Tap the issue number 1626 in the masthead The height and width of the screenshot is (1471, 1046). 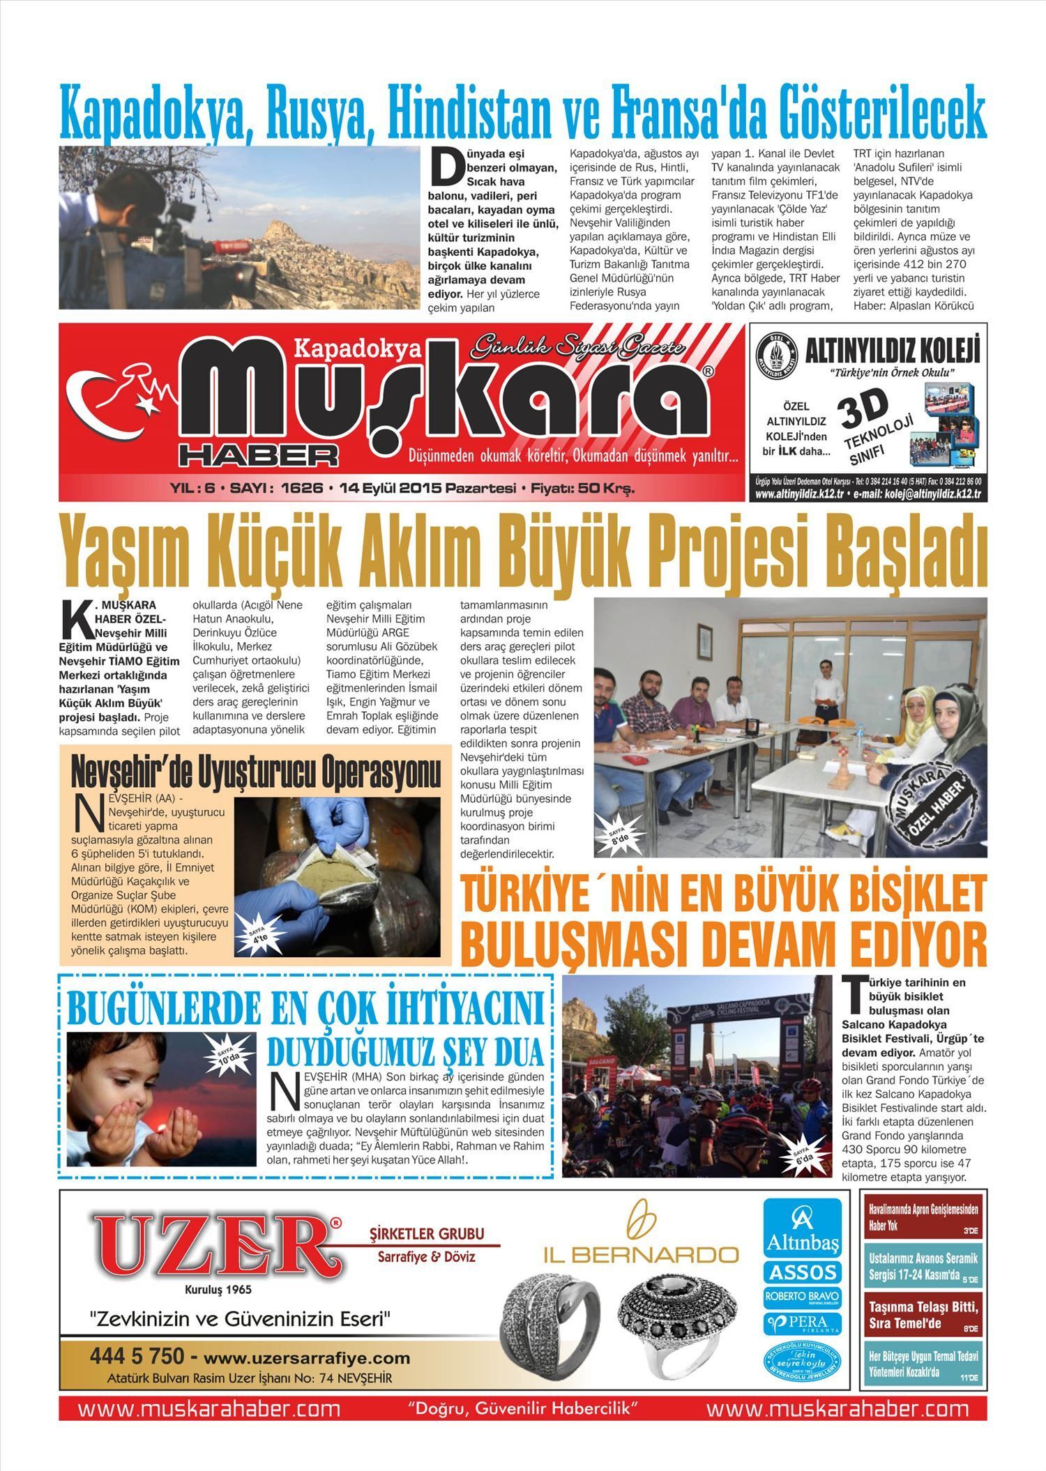[x=302, y=489]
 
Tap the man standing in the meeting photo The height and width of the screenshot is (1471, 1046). [x=827, y=689]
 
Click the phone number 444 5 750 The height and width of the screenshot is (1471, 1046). [x=137, y=1356]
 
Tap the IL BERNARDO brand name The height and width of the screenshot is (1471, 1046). [x=641, y=1255]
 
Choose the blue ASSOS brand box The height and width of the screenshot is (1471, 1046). [x=802, y=1272]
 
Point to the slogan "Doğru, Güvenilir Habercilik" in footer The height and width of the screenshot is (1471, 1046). [x=523, y=1407]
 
